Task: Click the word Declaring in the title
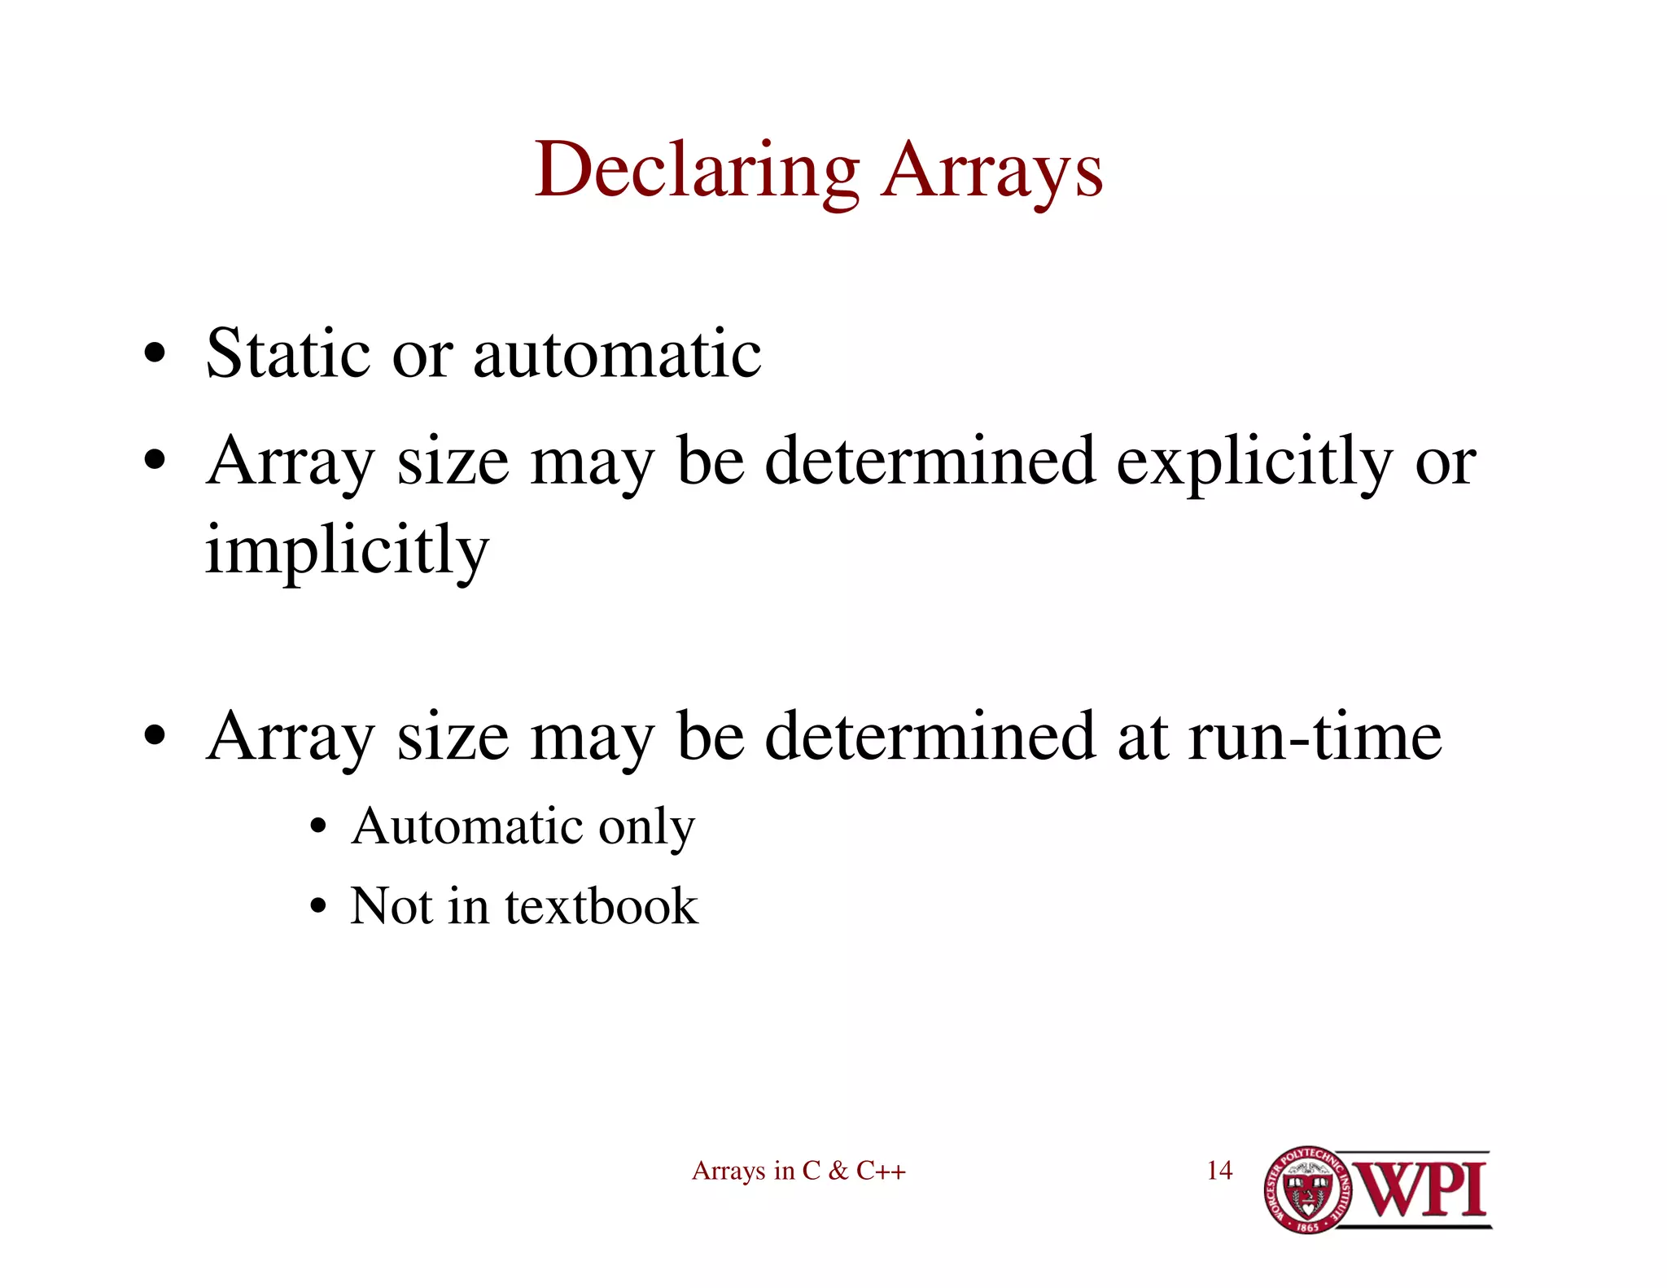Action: tap(697, 171)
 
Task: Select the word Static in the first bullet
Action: tap(288, 353)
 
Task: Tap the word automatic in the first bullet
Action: tap(617, 355)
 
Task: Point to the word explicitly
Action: tap(1254, 462)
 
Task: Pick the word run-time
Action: tap(1315, 736)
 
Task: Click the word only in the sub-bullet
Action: tap(647, 829)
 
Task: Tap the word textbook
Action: tap(602, 906)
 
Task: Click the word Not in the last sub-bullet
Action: tap(391, 906)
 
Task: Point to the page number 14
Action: tap(1219, 1171)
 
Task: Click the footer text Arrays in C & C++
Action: tap(798, 1171)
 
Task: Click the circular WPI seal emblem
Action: tap(1307, 1189)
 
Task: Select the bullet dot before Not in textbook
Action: tap(318, 907)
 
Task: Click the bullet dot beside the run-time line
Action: tap(155, 738)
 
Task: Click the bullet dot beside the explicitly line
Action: tap(155, 462)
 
